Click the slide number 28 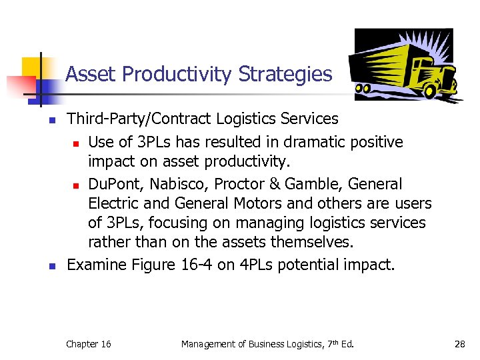coord(459,344)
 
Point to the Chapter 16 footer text coord(88,344)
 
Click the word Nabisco coord(178,184)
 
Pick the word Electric coord(113,203)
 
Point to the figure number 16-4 coord(197,265)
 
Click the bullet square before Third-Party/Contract coord(50,121)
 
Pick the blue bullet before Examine coord(50,266)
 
